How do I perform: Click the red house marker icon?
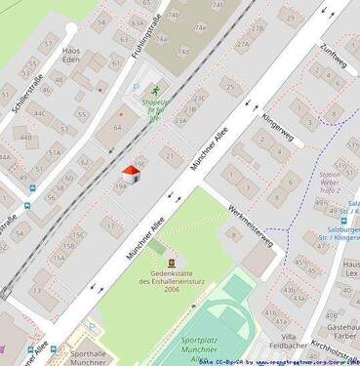(x=131, y=175)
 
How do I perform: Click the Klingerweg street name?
(x=277, y=128)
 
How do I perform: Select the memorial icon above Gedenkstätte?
(x=172, y=263)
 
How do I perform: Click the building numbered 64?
(x=118, y=127)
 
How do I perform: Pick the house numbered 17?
(x=110, y=225)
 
